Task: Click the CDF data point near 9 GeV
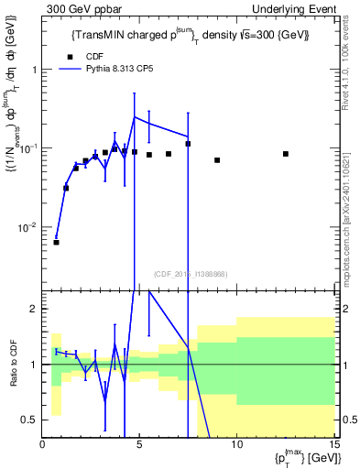[217, 160]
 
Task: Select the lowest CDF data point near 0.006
[56, 242]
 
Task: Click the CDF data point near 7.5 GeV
[188, 144]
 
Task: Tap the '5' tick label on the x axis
[139, 445]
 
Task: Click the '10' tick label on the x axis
[235, 445]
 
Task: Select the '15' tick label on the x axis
[333, 445]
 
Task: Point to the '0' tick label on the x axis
[43, 445]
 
